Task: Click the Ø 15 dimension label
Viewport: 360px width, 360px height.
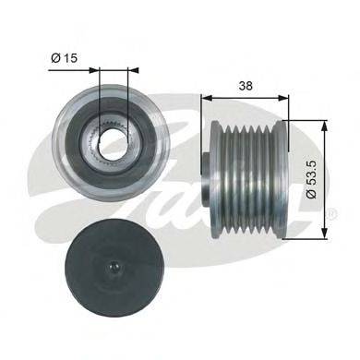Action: (64, 58)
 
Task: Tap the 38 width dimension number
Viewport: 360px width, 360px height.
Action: (246, 86)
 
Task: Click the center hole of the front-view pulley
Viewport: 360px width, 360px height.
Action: (113, 139)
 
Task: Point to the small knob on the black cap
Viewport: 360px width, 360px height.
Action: (114, 267)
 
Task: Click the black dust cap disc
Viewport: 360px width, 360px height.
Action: (114, 267)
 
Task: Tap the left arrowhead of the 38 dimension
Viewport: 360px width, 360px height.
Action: (207, 98)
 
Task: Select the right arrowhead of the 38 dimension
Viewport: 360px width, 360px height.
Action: (283, 98)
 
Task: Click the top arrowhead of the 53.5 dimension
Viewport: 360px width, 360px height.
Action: (324, 126)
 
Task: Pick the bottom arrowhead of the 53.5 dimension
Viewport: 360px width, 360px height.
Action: (324, 233)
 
